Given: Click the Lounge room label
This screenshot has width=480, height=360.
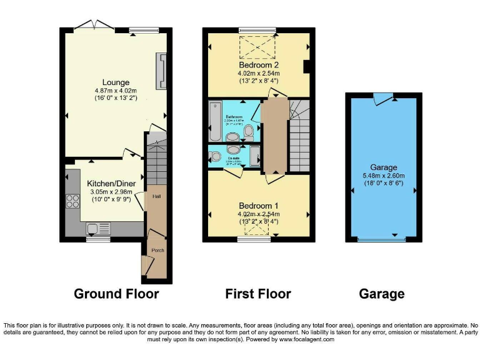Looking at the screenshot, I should [x=116, y=82].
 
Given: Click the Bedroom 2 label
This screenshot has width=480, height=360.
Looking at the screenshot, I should [x=258, y=64].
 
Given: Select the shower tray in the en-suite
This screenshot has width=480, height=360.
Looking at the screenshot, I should [x=254, y=156].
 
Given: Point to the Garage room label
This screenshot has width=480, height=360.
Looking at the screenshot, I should [x=384, y=167].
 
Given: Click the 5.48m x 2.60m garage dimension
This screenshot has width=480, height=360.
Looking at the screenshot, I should [x=384, y=176].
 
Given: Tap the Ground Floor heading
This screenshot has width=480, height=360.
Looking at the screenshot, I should [x=116, y=293].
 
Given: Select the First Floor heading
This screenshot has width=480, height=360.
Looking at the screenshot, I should [x=257, y=293].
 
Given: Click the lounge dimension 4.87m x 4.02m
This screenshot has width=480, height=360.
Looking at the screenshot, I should [x=116, y=90].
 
